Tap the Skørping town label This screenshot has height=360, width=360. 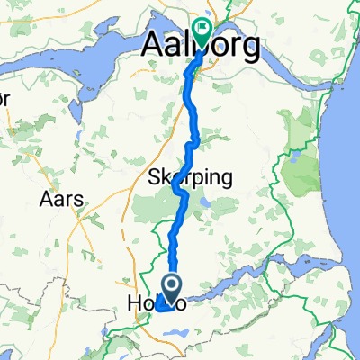(190, 177)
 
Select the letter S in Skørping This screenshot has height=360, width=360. (152, 177)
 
